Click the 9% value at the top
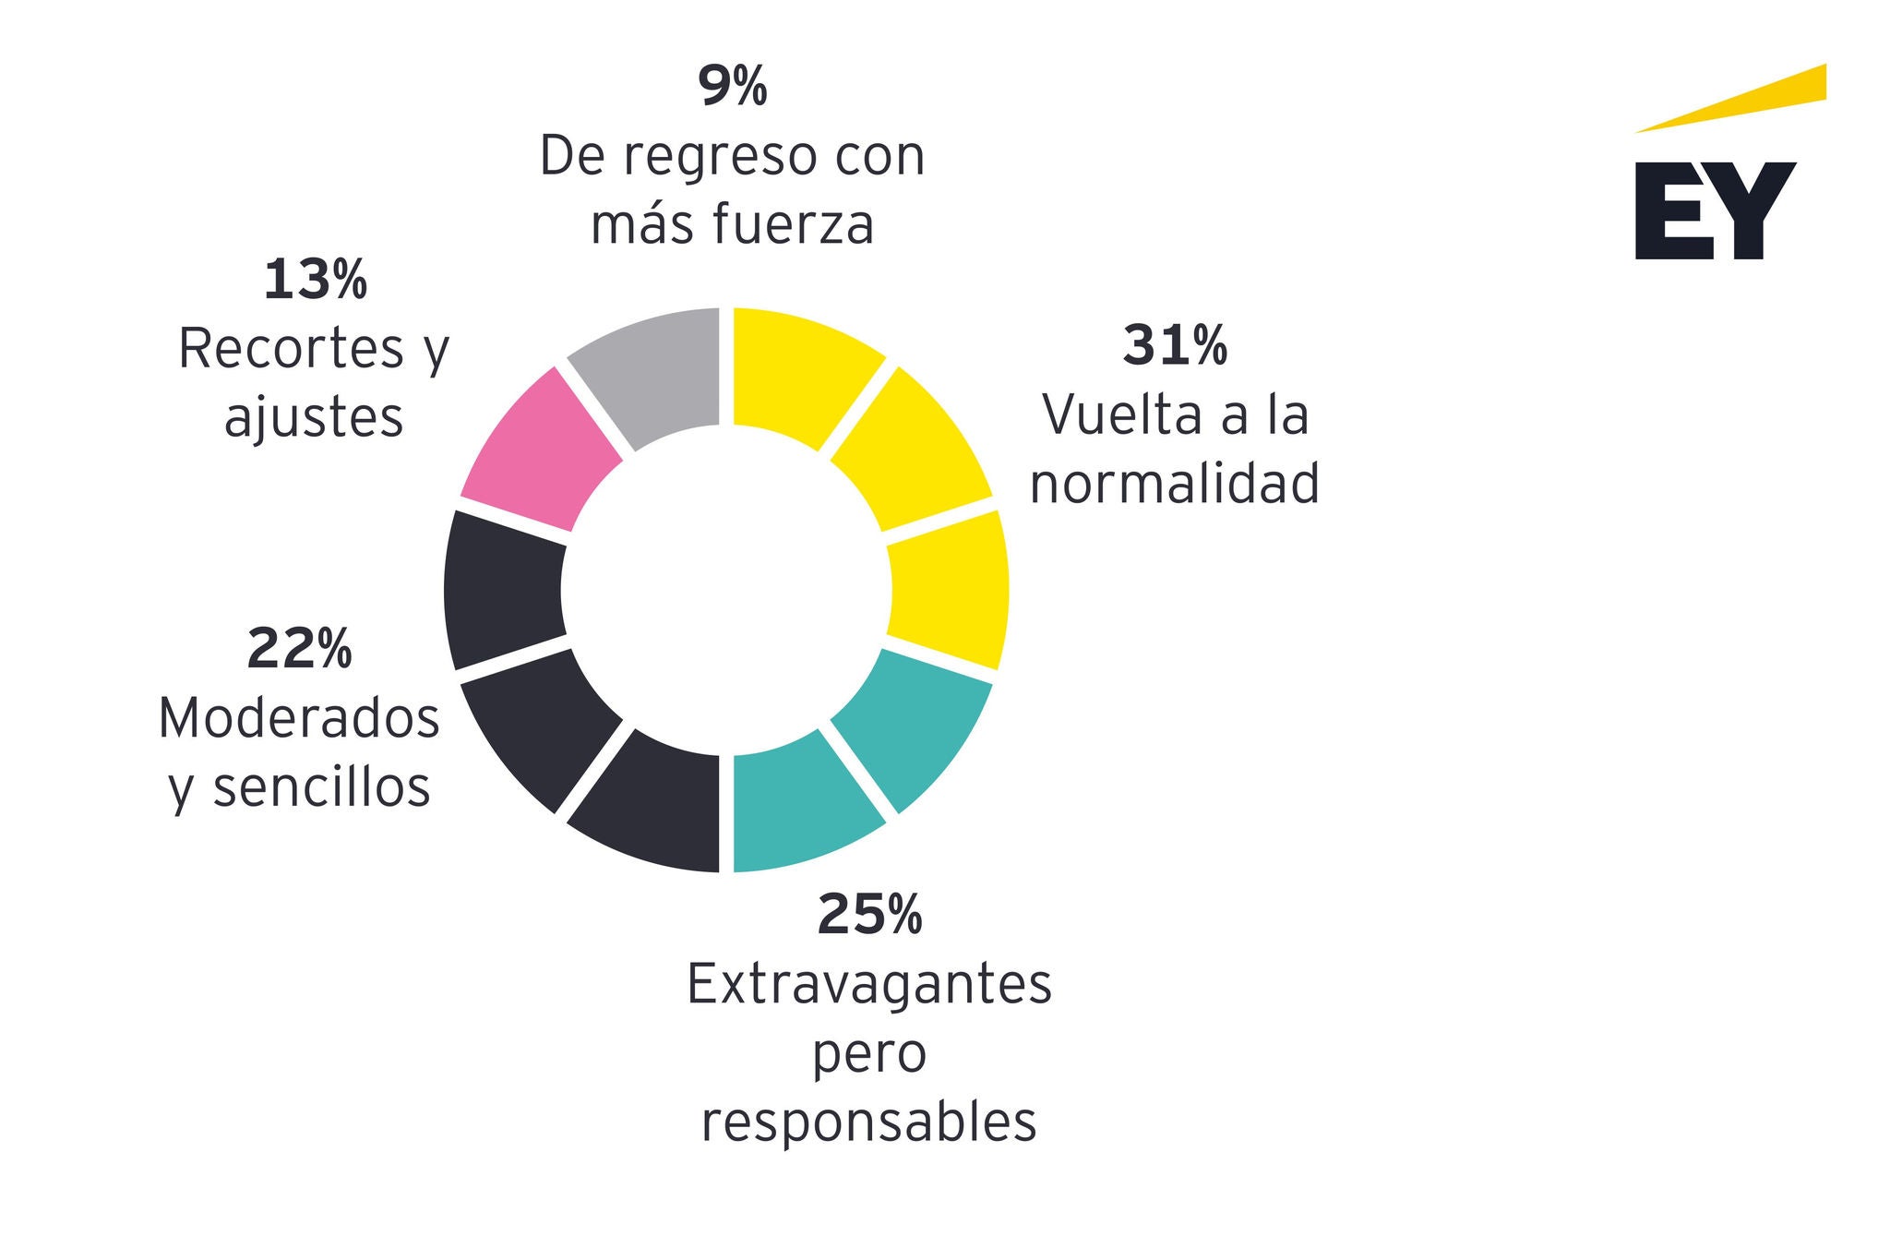732,86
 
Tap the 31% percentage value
1175,345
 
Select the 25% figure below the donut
869,914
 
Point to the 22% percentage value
299,648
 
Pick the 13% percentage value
315,280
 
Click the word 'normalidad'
1175,483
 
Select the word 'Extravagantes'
869,985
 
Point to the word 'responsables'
869,1122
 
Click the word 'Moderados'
299,718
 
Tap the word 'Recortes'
291,349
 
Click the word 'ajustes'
314,418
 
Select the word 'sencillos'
322,787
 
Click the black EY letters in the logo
1715,210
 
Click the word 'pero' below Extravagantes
869,1054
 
